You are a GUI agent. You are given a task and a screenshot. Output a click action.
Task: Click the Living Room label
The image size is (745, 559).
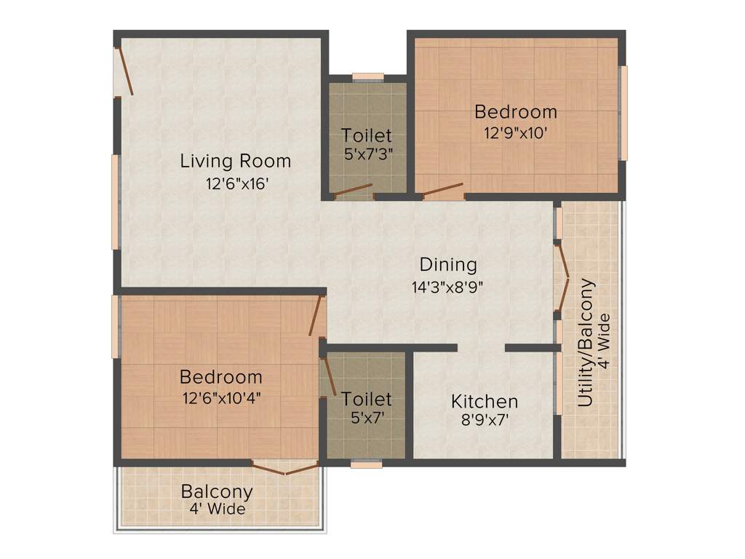[235, 161]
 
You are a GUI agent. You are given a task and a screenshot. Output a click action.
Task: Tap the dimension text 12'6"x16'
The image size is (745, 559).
[238, 184]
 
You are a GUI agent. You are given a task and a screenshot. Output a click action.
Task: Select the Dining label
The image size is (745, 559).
[447, 265]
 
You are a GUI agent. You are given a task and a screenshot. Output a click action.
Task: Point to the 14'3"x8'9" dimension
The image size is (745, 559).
[447, 287]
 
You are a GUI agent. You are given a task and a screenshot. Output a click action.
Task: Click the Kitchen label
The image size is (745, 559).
[485, 401]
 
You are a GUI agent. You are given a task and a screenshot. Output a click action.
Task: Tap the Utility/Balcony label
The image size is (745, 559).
[586, 343]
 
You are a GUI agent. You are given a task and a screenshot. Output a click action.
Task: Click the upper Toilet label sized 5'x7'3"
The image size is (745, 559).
[367, 135]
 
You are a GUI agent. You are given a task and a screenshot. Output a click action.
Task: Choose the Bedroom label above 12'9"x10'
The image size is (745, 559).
[516, 112]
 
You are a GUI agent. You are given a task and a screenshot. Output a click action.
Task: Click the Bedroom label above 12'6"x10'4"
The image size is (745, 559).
[221, 377]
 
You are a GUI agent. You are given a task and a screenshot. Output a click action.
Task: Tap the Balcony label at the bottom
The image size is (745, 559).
[217, 491]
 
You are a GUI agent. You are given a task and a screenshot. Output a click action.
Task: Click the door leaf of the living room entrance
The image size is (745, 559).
[124, 71]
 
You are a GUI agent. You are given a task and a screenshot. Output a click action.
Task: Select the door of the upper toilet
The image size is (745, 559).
[352, 191]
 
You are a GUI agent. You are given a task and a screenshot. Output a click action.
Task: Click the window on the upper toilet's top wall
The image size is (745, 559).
[367, 76]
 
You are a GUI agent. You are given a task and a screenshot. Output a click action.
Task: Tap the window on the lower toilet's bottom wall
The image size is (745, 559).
[366, 464]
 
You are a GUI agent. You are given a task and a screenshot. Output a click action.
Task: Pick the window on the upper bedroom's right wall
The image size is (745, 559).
[623, 113]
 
